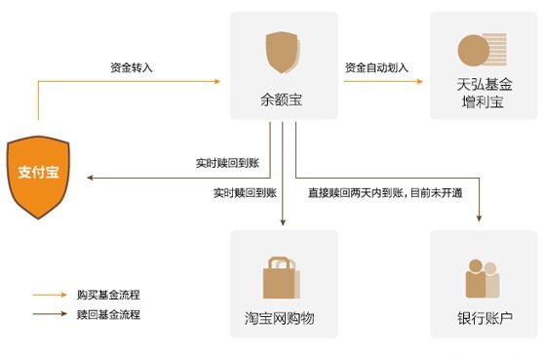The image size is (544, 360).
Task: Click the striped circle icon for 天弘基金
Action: pyautogui.click(x=481, y=51)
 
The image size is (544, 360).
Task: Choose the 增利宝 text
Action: pyautogui.click(x=484, y=102)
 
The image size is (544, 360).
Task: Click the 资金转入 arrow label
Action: pyautogui.click(x=132, y=68)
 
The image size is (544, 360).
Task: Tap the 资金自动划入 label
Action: pyautogui.click(x=376, y=68)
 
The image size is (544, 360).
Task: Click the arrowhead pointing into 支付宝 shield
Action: pyautogui.click(x=90, y=178)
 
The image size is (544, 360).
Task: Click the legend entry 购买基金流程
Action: pyautogui.click(x=108, y=294)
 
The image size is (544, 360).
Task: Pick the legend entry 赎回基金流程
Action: pyautogui.click(x=108, y=314)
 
